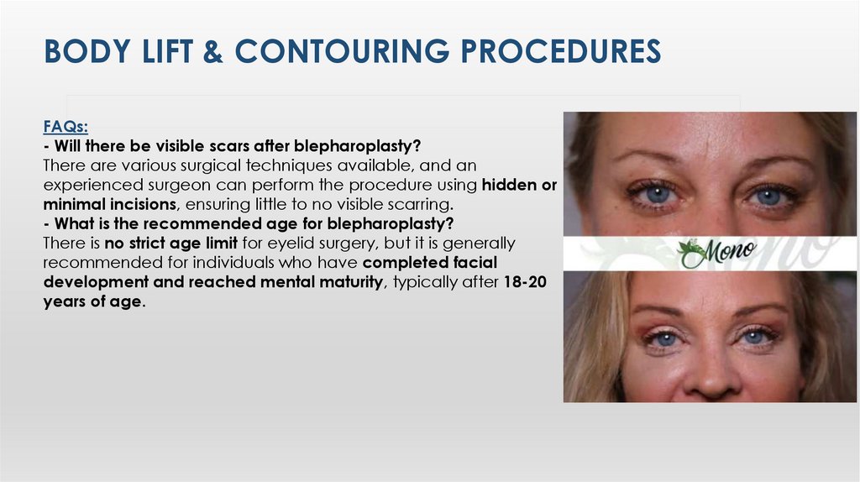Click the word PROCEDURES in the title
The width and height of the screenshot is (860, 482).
tap(564, 51)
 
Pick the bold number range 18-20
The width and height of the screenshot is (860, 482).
tap(525, 282)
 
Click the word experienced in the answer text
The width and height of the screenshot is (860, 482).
tap(93, 185)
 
